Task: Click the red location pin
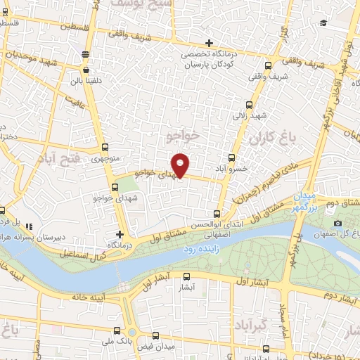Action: [181, 165]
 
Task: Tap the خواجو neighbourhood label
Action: [186, 133]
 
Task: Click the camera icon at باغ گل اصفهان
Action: [338, 224]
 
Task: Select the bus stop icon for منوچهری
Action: [105, 147]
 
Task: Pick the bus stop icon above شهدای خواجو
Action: [115, 187]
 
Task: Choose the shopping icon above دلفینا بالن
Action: [86, 70]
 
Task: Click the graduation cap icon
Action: [323, 23]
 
